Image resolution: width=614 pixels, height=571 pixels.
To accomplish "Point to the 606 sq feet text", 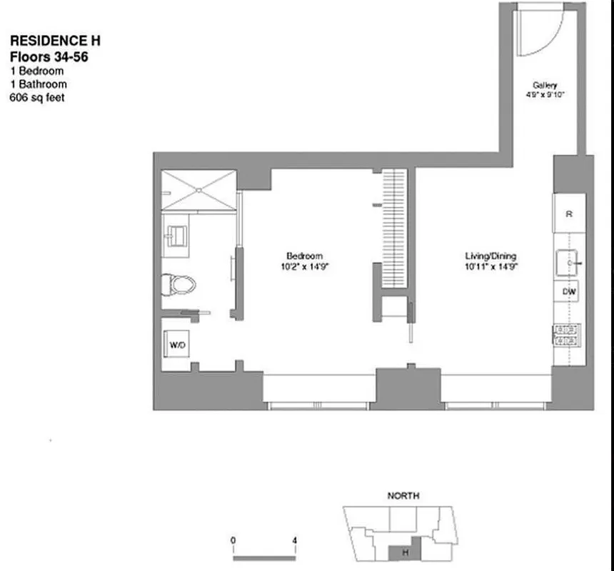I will (x=36, y=97).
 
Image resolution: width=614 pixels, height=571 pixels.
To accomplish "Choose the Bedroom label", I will (x=305, y=256).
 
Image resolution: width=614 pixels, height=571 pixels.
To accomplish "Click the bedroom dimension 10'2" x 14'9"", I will (x=305, y=266).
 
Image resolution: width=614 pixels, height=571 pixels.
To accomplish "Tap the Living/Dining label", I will (x=490, y=256).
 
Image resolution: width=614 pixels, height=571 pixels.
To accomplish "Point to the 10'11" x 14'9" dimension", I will (x=490, y=266).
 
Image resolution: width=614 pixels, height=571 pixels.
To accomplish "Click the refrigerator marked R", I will (x=569, y=214).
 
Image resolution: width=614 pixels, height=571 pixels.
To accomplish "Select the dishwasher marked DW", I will (x=569, y=291).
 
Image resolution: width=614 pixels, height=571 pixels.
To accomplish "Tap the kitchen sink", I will (x=569, y=262).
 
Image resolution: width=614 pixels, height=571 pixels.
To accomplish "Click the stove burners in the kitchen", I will (x=567, y=334).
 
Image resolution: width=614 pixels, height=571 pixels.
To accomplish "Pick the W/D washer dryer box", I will (x=176, y=345).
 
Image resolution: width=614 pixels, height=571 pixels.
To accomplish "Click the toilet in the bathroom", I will (x=178, y=284).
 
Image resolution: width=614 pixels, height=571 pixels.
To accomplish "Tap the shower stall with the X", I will (x=198, y=189).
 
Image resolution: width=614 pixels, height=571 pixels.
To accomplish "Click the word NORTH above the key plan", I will (x=403, y=495).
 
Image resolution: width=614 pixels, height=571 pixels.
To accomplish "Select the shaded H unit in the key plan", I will (x=404, y=552).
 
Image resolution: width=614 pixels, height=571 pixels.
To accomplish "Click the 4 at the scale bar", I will (x=294, y=541).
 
